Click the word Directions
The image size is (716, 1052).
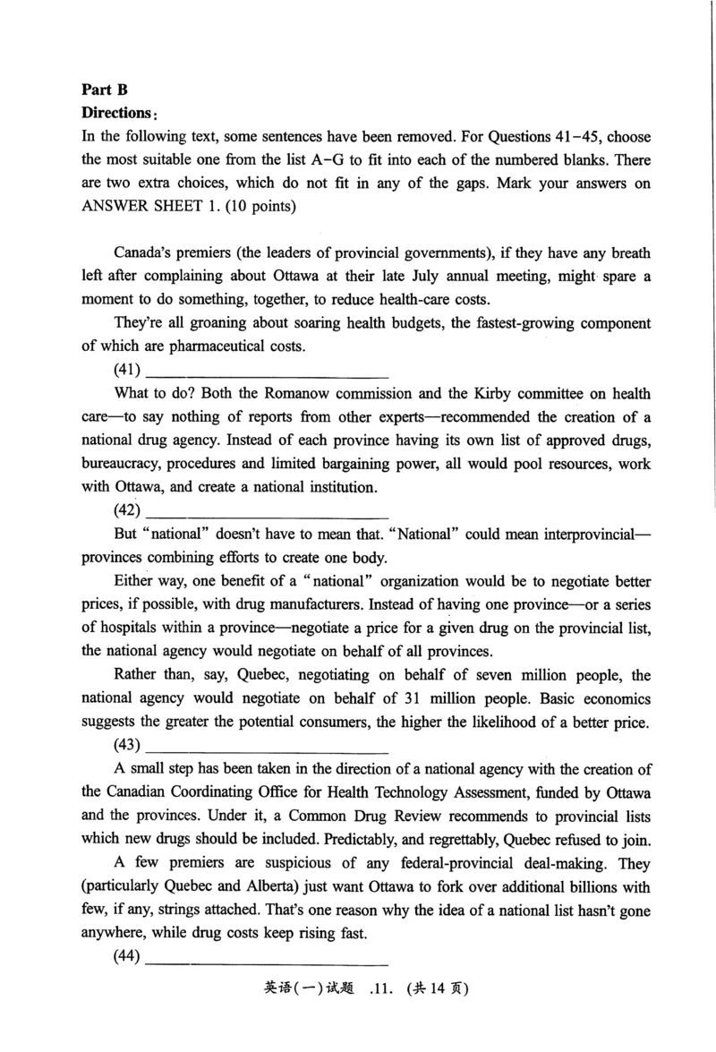coord(116,114)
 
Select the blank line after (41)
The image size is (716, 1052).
coord(267,370)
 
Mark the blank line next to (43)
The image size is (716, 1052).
coord(267,745)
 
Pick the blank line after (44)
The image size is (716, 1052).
coord(267,956)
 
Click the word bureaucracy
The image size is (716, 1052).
coord(117,465)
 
